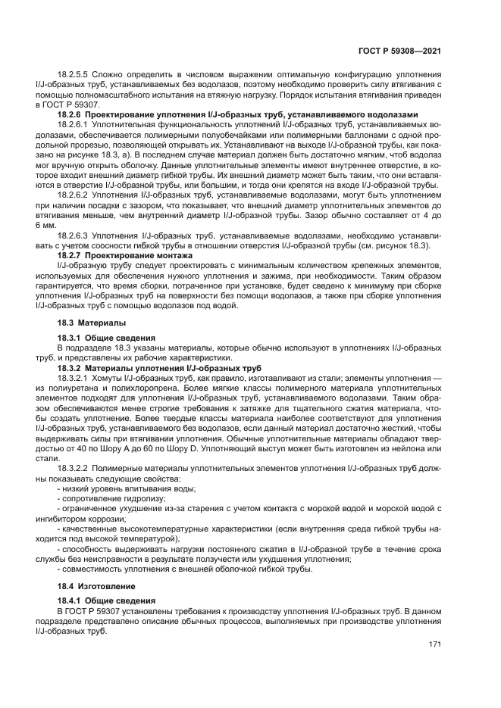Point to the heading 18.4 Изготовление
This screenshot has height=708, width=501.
[x=96, y=585]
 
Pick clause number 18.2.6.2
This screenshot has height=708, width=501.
[x=74, y=195]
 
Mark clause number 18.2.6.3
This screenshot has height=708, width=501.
[x=74, y=235]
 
